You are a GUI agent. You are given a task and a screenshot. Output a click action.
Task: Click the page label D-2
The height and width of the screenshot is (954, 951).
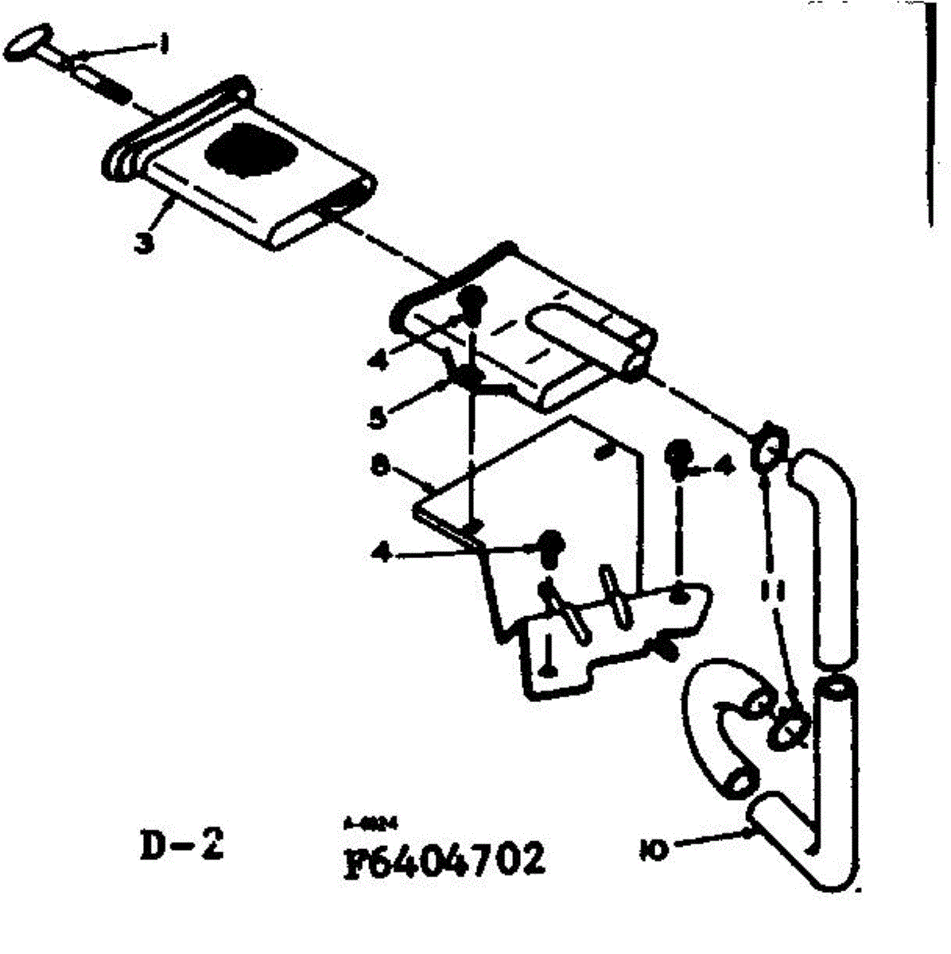pos(182,847)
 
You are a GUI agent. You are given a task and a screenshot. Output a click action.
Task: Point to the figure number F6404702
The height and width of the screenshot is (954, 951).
pos(445,859)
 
